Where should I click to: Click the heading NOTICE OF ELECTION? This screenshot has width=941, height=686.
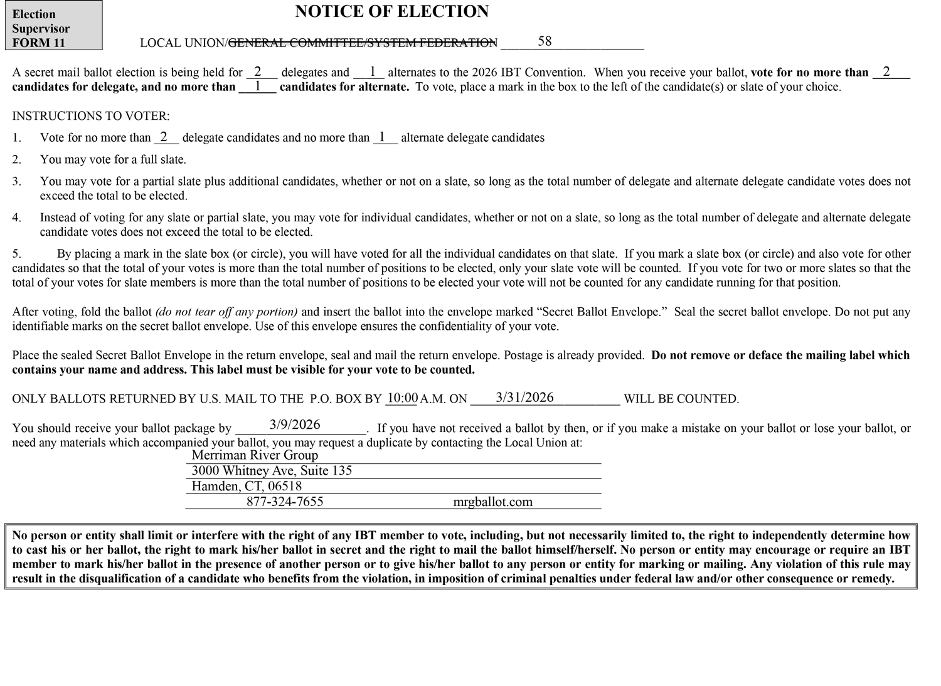coord(391,12)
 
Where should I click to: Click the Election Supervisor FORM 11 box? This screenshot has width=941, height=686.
coord(53,26)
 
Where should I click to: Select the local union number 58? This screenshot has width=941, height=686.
coord(545,41)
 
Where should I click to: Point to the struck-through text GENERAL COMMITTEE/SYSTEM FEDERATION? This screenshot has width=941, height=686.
coord(363,43)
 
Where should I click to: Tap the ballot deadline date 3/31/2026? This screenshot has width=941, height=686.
coord(524,398)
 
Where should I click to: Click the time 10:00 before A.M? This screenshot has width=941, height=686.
coord(402,398)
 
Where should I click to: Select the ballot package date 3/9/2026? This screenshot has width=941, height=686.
coord(295,425)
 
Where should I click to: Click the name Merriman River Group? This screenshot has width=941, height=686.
coord(255,455)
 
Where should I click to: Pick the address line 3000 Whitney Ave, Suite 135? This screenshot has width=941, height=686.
coord(272,471)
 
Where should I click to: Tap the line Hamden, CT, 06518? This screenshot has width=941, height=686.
coord(247,487)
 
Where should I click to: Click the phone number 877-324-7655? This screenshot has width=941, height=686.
coord(285,502)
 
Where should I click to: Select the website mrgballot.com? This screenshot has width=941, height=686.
coord(492,502)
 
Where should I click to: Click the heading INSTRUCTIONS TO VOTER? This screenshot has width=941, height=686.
coord(91,116)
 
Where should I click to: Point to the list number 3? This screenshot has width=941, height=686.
coord(17,181)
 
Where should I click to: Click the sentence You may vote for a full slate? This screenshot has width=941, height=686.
coord(113,160)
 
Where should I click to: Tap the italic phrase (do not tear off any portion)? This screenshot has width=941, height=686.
coord(226,312)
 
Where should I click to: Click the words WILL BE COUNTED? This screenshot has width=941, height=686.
coord(681,399)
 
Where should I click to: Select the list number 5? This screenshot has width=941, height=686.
coord(17,254)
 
